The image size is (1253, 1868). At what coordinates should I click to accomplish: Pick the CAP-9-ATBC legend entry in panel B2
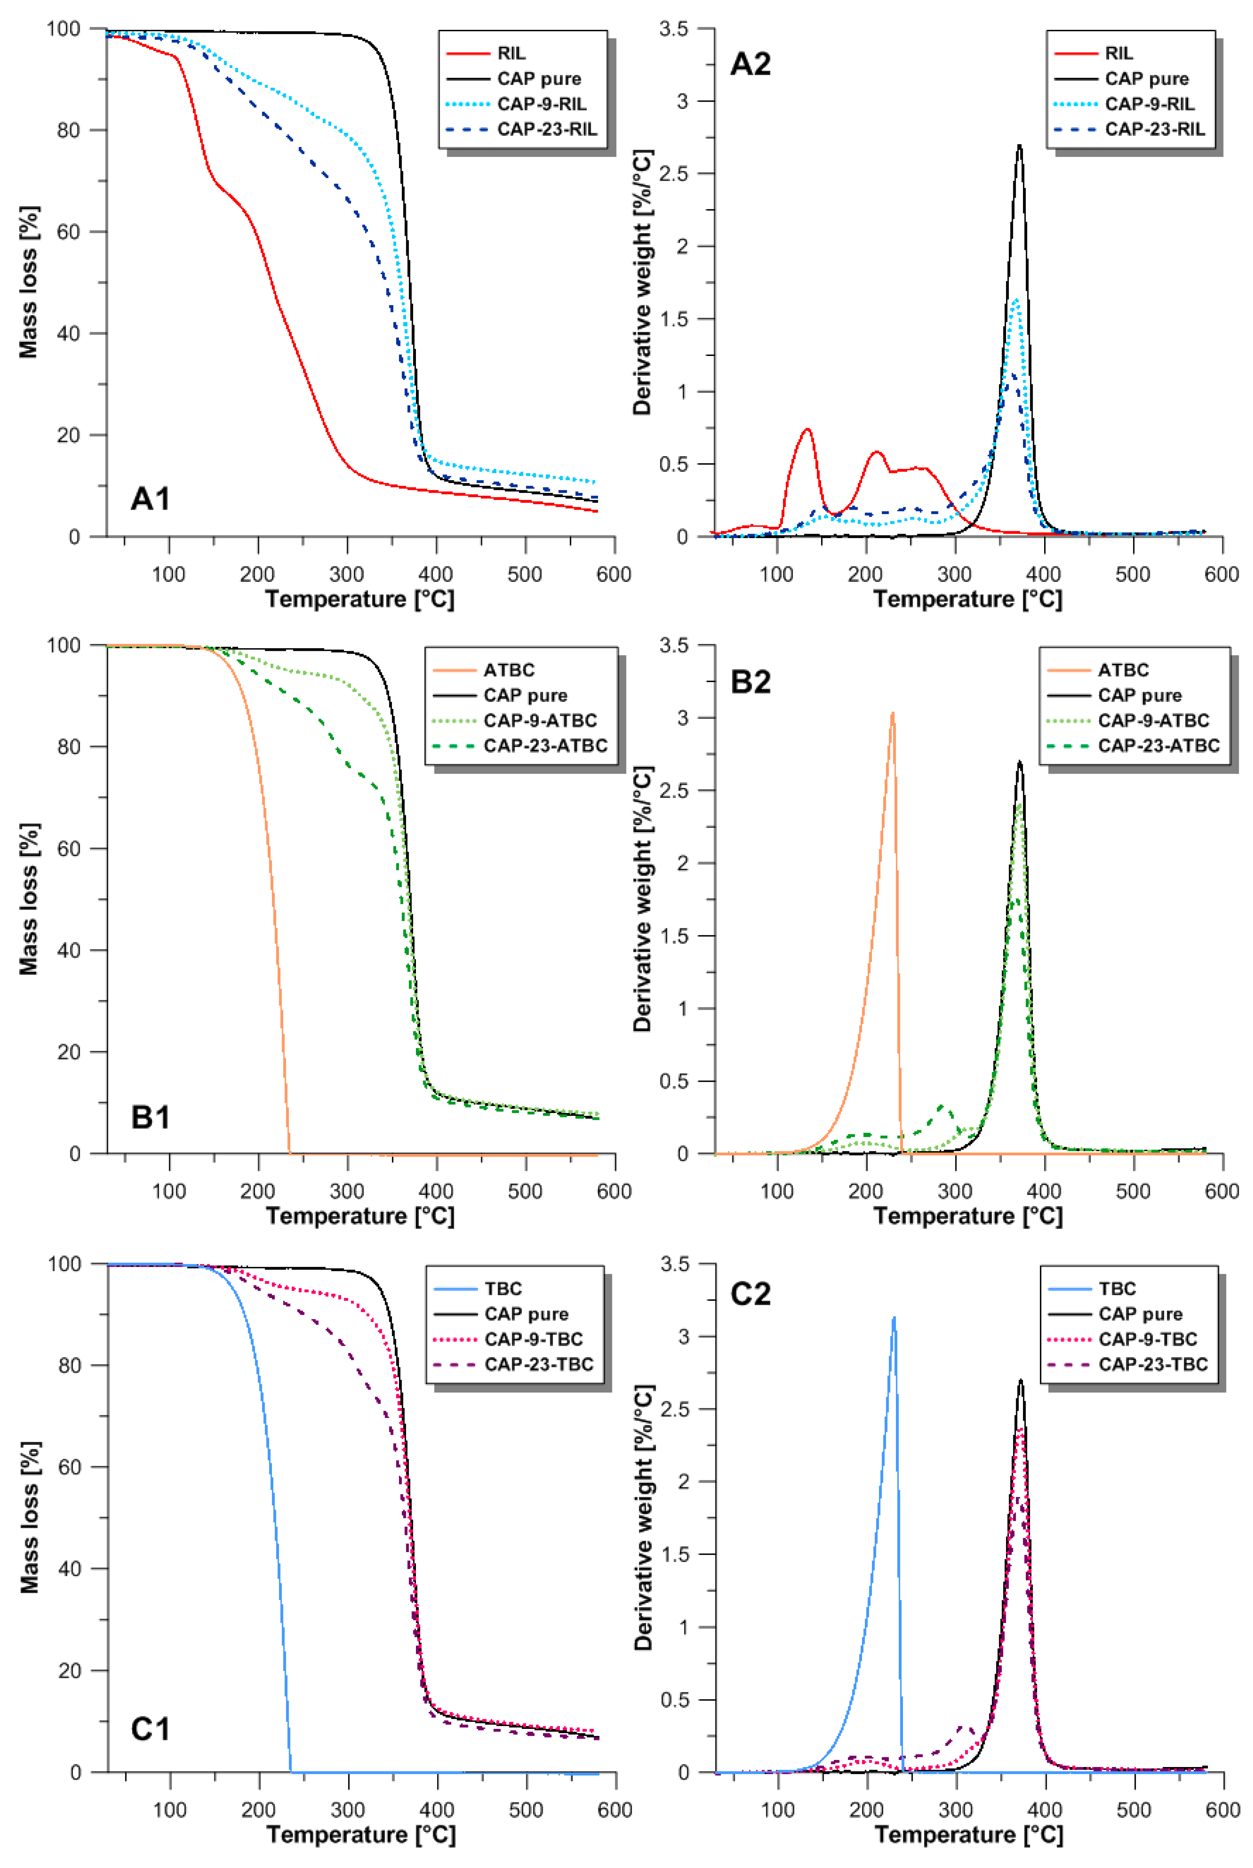(1153, 720)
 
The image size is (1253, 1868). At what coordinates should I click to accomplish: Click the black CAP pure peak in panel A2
(1020, 146)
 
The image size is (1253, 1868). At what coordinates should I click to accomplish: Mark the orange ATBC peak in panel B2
(893, 713)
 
